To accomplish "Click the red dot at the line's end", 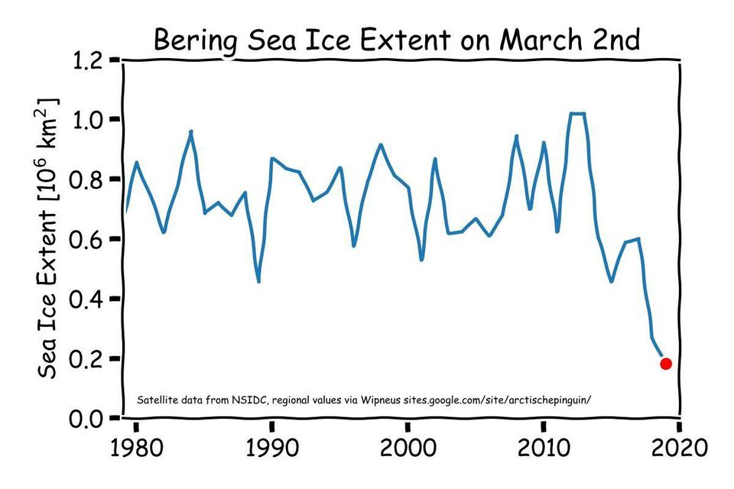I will tap(666, 364).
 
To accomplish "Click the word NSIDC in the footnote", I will tap(245, 400).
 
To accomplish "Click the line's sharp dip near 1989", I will tap(259, 280).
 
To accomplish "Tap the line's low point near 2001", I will tap(421, 260).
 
